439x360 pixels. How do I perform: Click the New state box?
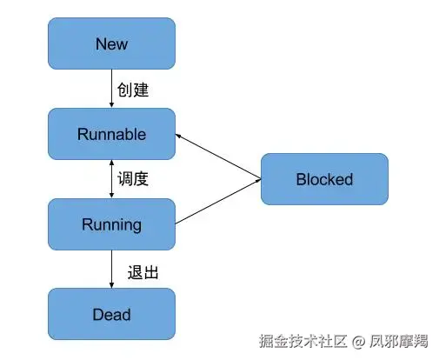111,43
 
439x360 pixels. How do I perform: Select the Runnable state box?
111,134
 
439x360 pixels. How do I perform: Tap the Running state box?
111,224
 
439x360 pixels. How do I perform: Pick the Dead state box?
111,314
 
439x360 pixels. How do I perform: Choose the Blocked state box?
324,179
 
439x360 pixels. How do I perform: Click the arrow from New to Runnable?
112,89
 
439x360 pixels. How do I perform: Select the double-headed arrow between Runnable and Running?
112,179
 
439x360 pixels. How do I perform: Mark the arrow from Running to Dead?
112,270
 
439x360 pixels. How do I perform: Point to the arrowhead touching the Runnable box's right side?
179,136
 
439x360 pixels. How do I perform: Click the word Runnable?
111,134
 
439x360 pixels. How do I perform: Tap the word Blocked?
324,179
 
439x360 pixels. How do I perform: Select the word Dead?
111,314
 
